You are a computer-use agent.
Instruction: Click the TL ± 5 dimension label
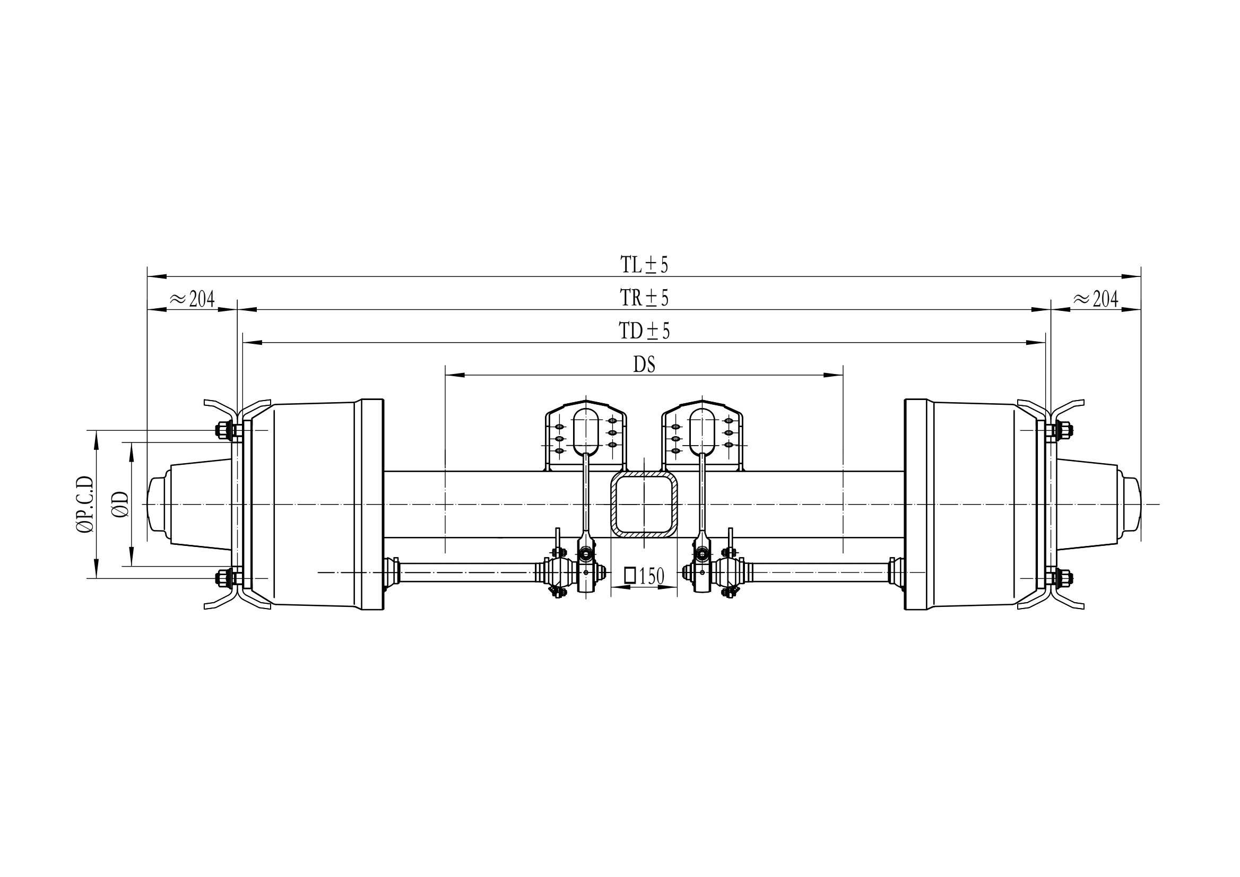[x=644, y=265]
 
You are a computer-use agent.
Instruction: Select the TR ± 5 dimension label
[x=644, y=298]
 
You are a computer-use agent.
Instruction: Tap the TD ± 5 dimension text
[x=644, y=331]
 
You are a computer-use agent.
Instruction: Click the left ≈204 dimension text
[x=192, y=299]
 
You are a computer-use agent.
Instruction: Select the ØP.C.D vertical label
[x=85, y=505]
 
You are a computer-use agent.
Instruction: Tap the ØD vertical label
[x=122, y=505]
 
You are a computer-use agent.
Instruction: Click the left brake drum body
[x=313, y=505]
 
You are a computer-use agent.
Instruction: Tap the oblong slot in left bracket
[x=586, y=431]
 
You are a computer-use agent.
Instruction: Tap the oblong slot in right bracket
[x=703, y=431]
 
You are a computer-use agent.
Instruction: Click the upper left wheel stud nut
[x=221, y=430]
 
